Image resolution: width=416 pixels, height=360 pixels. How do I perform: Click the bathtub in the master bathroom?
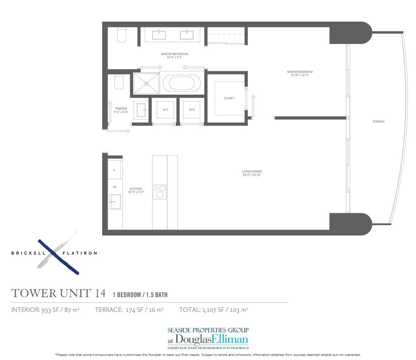pos(181,83)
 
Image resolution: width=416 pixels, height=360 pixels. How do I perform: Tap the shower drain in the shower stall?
pos(146,83)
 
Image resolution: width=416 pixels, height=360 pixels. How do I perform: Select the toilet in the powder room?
pos(119,82)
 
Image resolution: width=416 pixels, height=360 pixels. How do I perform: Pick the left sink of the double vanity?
pos(159,35)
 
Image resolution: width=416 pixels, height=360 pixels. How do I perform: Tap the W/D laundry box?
pos(192,110)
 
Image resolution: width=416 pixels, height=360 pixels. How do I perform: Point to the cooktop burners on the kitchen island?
pos(159,192)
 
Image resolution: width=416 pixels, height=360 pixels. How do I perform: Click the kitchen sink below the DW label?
pos(115,202)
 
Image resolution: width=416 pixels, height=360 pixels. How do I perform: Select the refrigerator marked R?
pos(115,170)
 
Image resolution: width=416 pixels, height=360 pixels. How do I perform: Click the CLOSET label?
pos(229,98)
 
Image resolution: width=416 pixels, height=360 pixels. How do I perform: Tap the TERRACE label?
pos(378,122)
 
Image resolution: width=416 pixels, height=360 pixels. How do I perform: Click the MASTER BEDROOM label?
pos(300,72)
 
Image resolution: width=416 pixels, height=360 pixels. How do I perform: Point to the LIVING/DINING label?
pos(252,172)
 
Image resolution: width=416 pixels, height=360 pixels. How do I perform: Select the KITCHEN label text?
pos(136,189)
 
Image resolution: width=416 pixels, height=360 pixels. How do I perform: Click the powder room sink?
pos(140,110)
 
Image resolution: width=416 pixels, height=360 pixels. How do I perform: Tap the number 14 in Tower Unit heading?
pos(99,293)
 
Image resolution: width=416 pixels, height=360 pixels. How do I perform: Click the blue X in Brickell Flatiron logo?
pos(59,257)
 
